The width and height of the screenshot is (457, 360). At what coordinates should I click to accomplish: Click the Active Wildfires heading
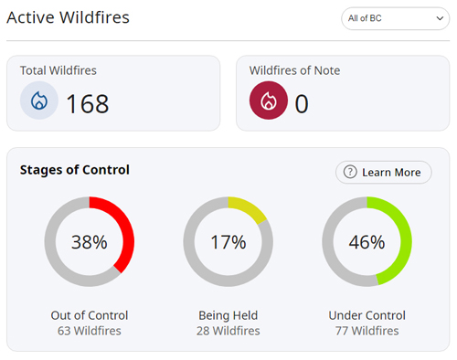click(x=68, y=17)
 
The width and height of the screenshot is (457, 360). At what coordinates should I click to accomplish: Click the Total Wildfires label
click(x=58, y=69)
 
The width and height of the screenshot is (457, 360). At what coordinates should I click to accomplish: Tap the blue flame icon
click(x=38, y=101)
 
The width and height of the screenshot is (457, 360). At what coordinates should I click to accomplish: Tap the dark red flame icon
click(x=268, y=101)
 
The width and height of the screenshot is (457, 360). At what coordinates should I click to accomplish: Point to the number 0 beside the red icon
click(x=302, y=103)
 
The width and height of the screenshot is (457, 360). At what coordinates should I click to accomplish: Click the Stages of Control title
click(x=75, y=169)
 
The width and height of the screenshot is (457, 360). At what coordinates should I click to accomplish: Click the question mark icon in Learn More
click(x=349, y=172)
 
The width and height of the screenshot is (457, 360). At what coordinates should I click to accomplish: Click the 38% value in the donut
click(x=89, y=242)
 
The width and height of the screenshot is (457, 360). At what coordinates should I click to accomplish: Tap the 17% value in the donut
click(x=228, y=242)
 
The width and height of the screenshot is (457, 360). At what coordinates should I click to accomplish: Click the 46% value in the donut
click(x=367, y=242)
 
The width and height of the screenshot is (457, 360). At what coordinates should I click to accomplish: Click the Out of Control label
click(x=89, y=315)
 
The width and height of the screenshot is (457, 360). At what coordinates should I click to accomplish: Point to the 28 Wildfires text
click(x=228, y=331)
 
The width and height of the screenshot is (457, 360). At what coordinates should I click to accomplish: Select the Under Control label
click(x=367, y=315)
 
